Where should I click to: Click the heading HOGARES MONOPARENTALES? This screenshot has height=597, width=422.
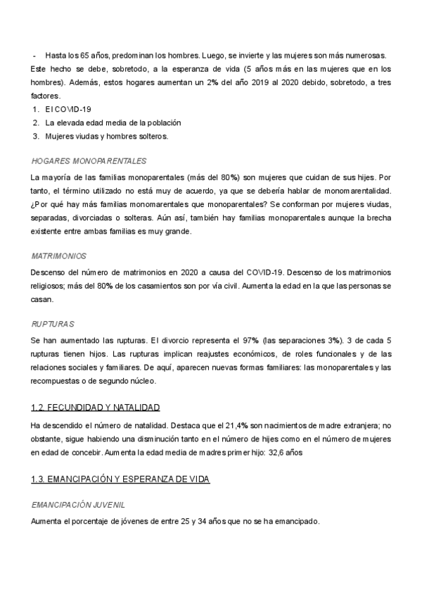click(x=89, y=161)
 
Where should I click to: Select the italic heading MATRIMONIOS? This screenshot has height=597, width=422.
click(x=59, y=255)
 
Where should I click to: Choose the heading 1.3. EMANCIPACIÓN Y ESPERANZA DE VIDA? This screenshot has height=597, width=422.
click(x=120, y=479)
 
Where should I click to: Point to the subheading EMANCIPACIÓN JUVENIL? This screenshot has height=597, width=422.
click(x=79, y=505)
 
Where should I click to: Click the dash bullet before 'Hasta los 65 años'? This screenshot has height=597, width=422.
click(x=34, y=55)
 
